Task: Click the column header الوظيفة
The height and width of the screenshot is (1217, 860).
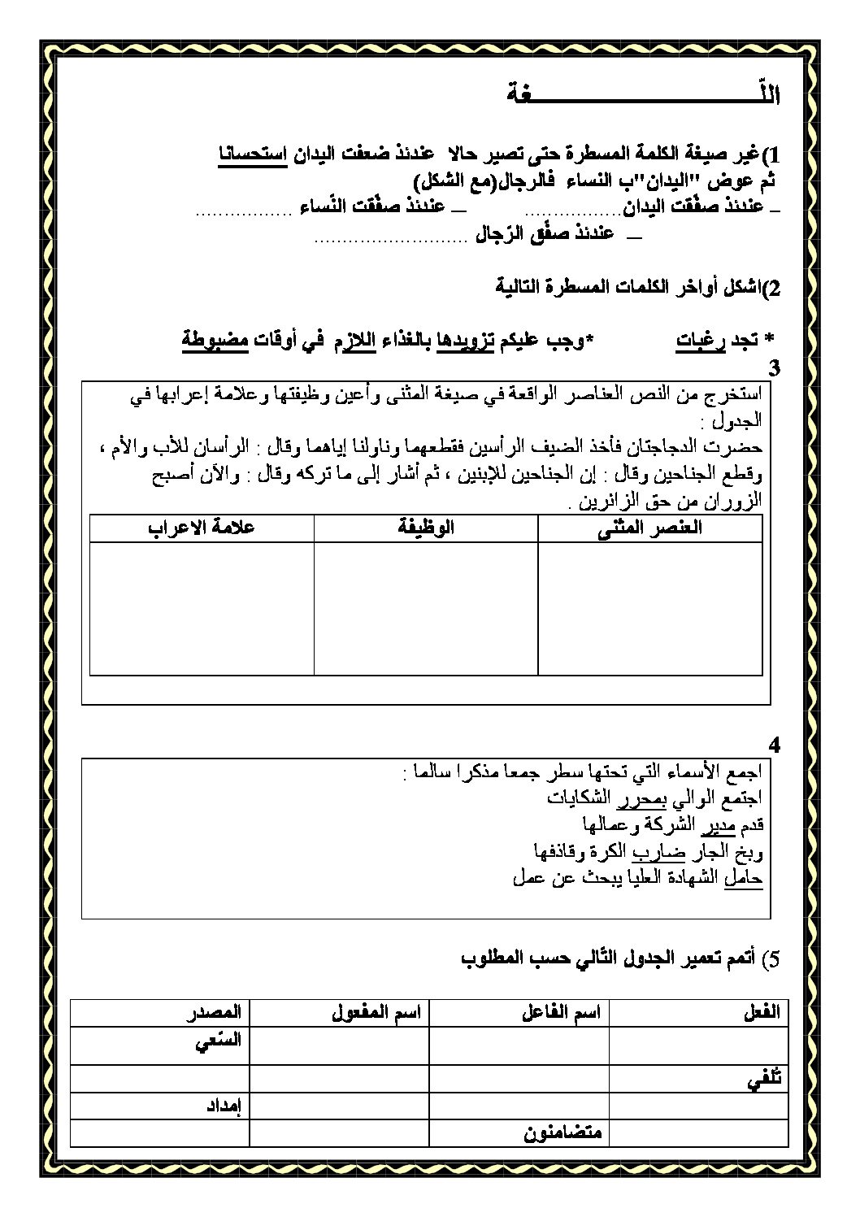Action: click(x=426, y=528)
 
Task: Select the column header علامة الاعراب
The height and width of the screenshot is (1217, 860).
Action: click(x=202, y=528)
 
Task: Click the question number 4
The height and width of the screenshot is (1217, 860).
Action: click(x=773, y=745)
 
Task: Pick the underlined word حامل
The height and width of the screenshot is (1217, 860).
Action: click(x=743, y=878)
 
